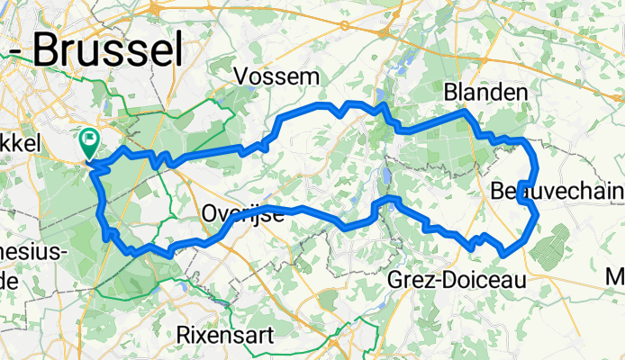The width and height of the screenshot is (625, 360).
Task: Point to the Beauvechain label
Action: (x=558, y=190)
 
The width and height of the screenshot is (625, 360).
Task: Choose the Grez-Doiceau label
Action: (x=456, y=281)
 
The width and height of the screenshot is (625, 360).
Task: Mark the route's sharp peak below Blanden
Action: (x=465, y=111)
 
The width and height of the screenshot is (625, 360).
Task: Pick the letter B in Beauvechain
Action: (x=501, y=191)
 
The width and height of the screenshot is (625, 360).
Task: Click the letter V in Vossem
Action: (x=242, y=76)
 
